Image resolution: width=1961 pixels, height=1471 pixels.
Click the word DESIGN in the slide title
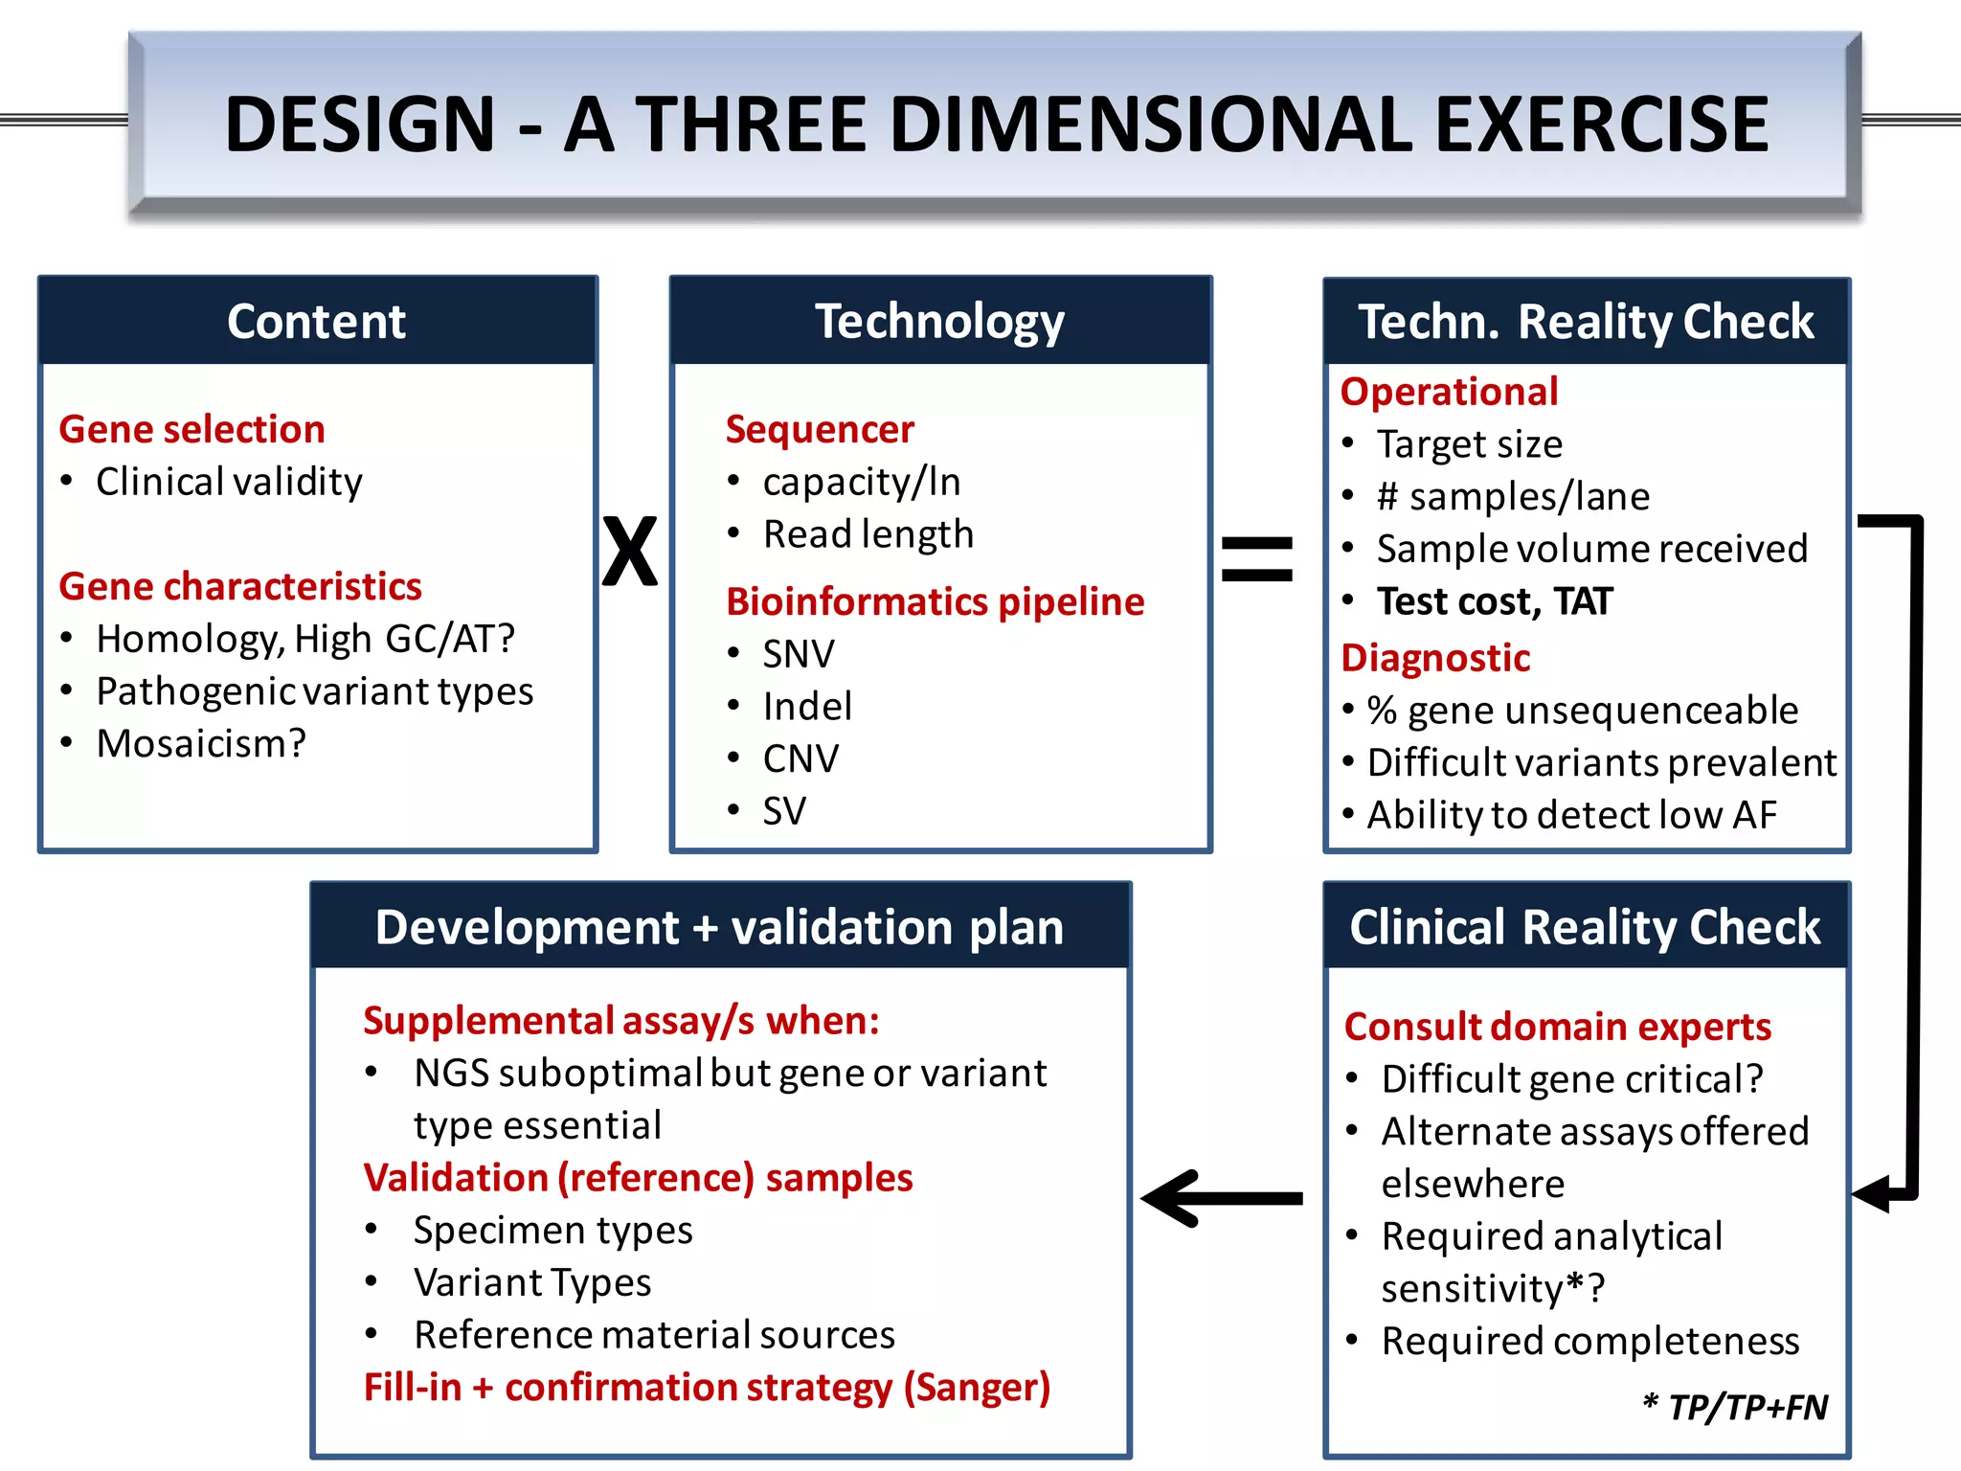pos(359,125)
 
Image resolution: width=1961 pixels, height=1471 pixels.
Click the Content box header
pos(317,321)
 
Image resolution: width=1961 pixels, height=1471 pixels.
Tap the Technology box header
pos(939,321)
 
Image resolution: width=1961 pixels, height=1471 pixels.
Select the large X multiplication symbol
pos(630,552)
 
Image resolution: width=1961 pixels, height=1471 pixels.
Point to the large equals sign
pos(1256,559)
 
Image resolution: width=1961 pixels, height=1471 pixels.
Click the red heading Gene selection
pos(192,429)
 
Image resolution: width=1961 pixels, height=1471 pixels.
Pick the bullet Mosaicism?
pos(201,743)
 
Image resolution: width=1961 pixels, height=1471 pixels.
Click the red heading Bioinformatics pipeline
pos(935,601)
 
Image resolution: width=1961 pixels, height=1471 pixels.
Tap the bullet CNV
pos(800,758)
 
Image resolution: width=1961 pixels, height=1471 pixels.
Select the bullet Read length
pos(868,534)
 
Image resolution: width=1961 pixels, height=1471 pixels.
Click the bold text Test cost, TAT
pos(1494,601)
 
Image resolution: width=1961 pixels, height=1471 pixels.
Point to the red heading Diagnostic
pos(1434,658)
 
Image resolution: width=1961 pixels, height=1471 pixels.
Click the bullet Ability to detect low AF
pos(1570,815)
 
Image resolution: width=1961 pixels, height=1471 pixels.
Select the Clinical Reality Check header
pos(1585,927)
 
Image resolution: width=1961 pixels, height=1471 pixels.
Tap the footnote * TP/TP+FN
pos(1734,1407)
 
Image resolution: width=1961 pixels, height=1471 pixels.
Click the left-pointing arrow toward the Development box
pos(1221,1198)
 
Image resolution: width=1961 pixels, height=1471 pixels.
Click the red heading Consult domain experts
pos(1557,1027)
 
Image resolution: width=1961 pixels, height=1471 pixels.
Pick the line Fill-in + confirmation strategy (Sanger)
pos(707,1388)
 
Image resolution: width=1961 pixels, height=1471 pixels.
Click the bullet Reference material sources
pos(653,1335)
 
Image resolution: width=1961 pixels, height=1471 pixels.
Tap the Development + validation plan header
pos(719,927)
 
